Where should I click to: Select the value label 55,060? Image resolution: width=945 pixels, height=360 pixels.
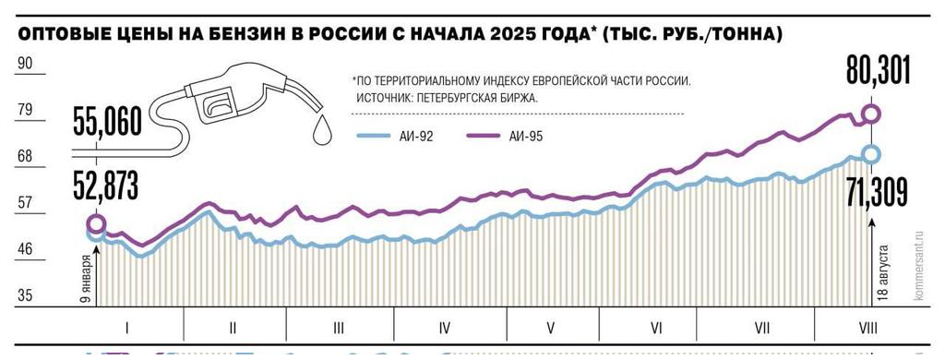click(103, 121)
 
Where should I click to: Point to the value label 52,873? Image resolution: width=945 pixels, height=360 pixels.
click(103, 186)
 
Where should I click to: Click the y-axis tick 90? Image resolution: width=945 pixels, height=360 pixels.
click(25, 64)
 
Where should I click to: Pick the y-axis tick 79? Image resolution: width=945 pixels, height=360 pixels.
click(25, 110)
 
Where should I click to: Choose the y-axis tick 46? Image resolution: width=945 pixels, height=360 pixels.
click(25, 248)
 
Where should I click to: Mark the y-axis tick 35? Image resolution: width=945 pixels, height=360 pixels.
click(25, 295)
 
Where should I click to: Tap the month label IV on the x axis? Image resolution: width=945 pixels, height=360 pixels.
click(445, 326)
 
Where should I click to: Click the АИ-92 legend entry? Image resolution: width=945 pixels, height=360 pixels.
click(395, 136)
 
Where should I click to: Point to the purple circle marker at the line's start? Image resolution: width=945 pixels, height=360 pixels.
click(95, 223)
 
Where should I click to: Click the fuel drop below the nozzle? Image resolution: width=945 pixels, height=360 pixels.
click(321, 130)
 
